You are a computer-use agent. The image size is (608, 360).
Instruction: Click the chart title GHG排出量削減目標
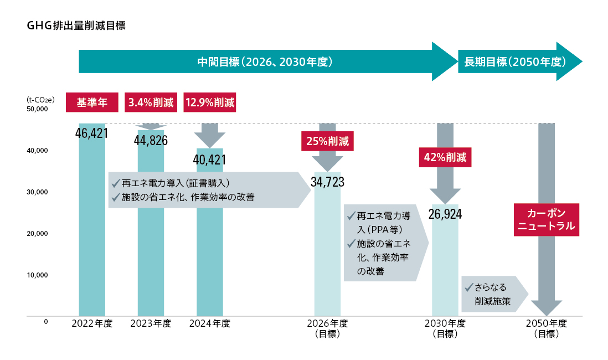tap(76, 25)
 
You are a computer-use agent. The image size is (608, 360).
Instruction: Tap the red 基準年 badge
tap(92, 102)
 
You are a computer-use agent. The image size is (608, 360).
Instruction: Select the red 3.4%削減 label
tap(151, 102)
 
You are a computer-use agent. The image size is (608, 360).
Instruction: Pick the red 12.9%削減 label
tap(210, 102)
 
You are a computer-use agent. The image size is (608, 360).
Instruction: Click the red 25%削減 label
tap(327, 141)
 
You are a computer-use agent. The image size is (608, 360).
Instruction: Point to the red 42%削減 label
tap(445, 157)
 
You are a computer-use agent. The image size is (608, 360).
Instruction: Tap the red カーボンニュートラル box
tap(546, 220)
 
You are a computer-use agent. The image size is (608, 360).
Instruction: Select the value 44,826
tap(151, 140)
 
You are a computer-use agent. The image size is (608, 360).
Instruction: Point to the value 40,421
tap(210, 160)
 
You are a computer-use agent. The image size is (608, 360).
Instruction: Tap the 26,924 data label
tap(445, 214)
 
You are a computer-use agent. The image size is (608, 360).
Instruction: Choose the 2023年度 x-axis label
tap(151, 323)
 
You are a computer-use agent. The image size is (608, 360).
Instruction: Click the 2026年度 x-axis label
tap(327, 323)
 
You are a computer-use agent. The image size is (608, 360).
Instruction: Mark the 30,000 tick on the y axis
tap(38, 192)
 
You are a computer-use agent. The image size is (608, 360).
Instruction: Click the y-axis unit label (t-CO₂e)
tap(40, 99)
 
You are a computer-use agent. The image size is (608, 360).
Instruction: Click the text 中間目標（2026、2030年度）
tap(265, 61)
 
